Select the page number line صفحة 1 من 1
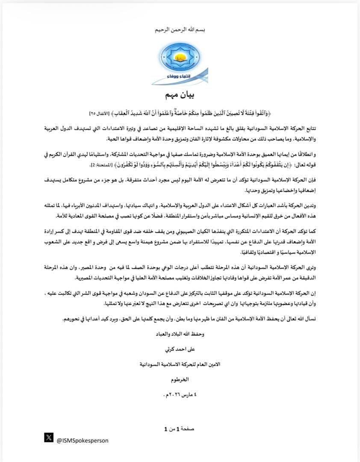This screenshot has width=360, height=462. (180, 429)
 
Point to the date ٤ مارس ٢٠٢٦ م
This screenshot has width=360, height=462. (180, 394)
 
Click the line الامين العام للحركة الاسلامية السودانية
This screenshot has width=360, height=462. (180, 364)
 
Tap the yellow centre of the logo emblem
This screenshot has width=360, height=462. (180, 55)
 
